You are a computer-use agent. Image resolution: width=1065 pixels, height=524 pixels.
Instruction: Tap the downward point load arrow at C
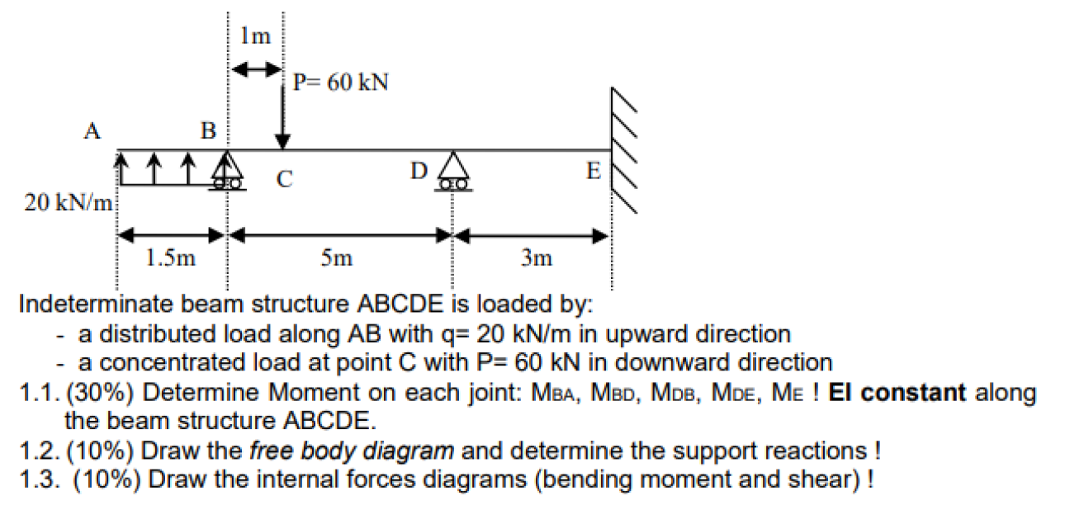(282, 116)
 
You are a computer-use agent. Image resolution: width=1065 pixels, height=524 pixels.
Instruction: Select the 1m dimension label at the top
(255, 36)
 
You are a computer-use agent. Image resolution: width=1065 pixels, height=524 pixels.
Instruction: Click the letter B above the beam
(208, 130)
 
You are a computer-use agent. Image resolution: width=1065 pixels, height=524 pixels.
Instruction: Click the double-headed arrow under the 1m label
(256, 71)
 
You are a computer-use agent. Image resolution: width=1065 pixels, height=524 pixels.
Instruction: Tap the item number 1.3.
(36, 479)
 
